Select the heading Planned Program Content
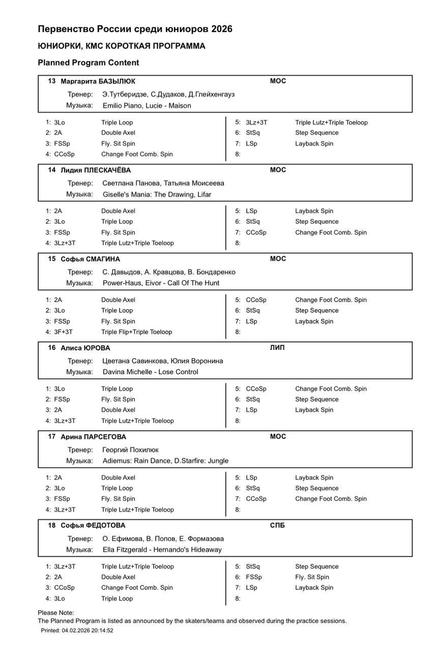(88, 63)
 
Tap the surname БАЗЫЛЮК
(117, 81)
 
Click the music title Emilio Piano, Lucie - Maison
(147, 106)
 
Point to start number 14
(52, 170)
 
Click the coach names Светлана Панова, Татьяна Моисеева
(163, 183)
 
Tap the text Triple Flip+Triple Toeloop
(136, 332)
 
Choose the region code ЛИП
(277, 348)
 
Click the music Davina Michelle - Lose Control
(150, 372)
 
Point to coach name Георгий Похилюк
(130, 450)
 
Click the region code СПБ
(277, 525)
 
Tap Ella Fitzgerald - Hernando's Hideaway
(162, 550)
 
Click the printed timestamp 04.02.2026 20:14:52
(88, 630)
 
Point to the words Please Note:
(56, 613)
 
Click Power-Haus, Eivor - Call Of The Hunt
(161, 283)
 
